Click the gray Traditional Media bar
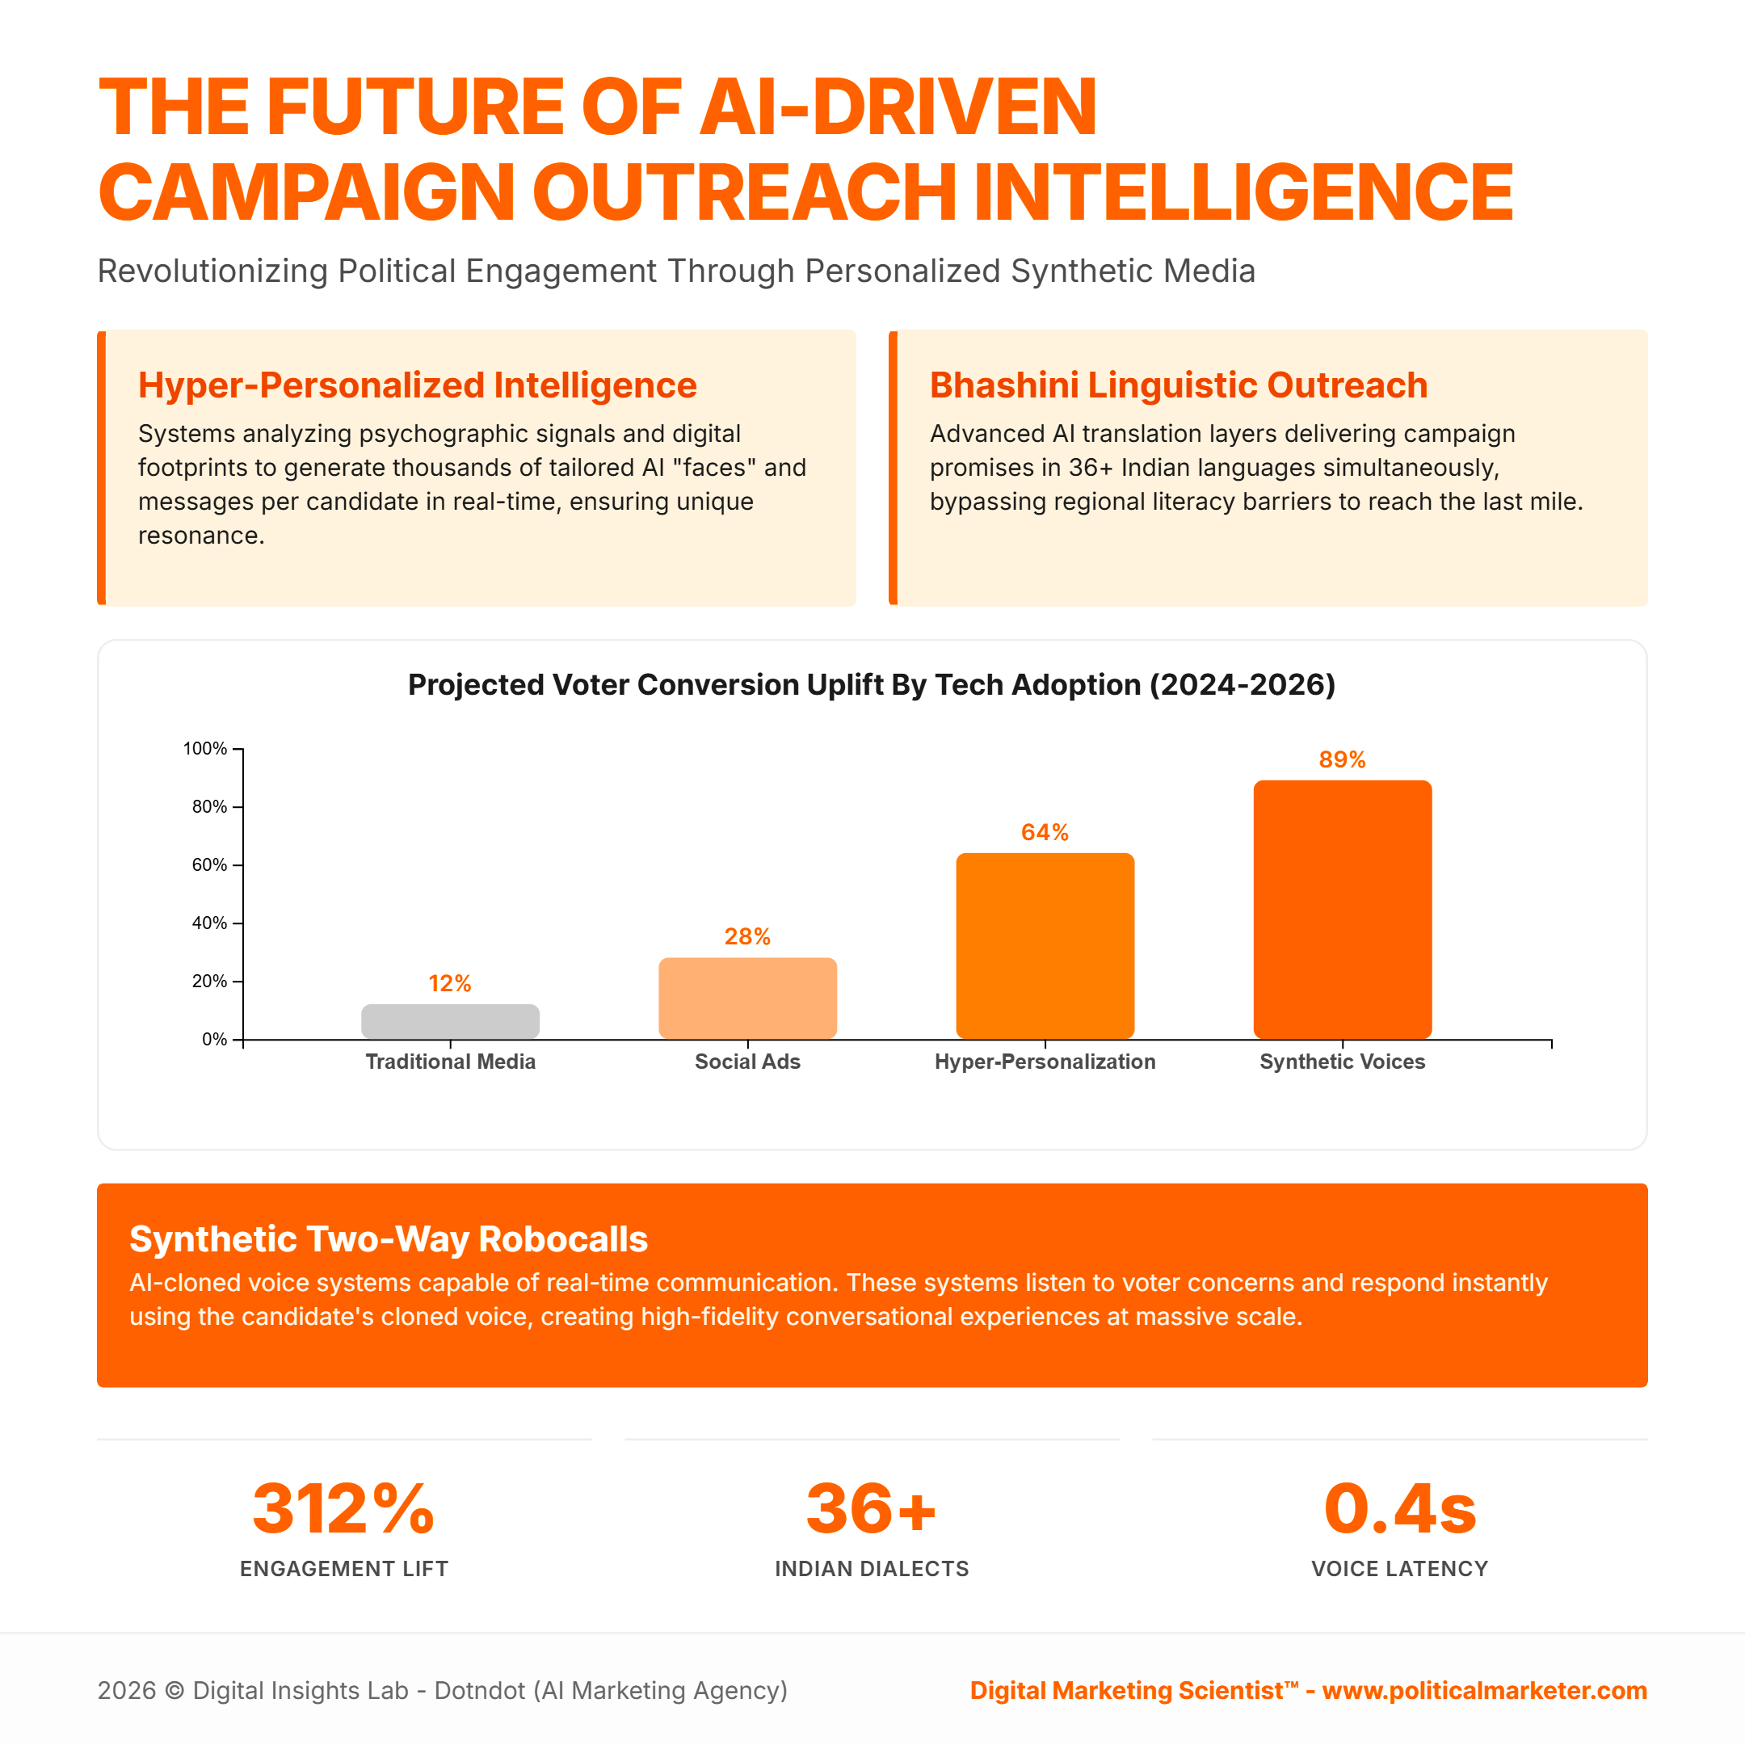coord(450,1021)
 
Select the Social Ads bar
coord(747,998)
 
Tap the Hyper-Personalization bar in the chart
coord(1045,946)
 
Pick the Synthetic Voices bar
coord(1342,910)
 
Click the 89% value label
coord(1342,759)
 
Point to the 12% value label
coord(450,984)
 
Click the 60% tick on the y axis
coord(209,865)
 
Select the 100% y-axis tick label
coord(205,749)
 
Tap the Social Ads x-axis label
coord(747,1062)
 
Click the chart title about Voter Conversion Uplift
coord(872,684)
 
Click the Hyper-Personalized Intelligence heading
coord(418,385)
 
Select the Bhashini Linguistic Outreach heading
coord(1179,385)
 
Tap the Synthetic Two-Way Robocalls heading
coord(389,1239)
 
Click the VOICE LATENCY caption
coord(1400,1569)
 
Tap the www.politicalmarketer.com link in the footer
coord(1485,1691)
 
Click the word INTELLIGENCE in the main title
coord(1243,192)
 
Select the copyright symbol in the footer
coord(175,1691)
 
